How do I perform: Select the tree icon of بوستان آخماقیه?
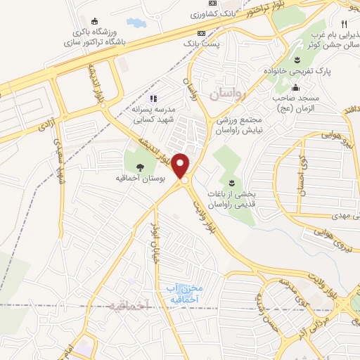pyautogui.click(x=139, y=167)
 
